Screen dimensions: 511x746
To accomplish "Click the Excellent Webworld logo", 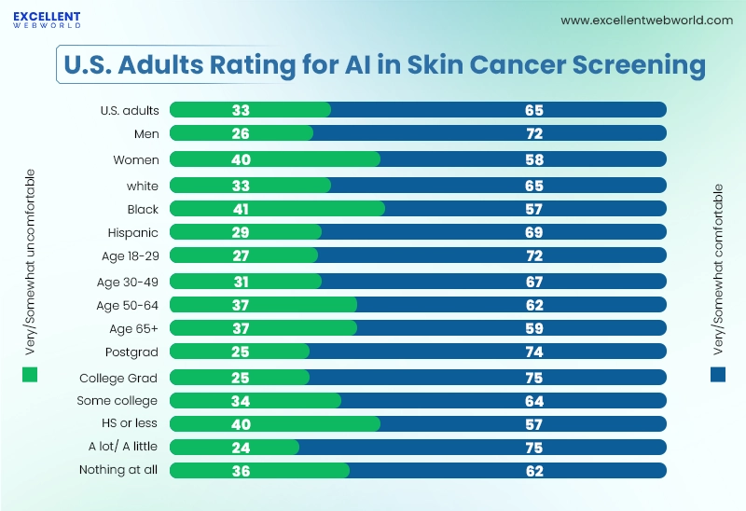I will pos(47,20).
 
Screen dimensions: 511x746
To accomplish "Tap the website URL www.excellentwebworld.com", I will pos(646,21).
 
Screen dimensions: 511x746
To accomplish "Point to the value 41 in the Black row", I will pos(241,209).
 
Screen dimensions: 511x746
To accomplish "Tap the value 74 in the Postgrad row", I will pos(534,352).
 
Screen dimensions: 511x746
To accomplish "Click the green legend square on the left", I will pos(30,375).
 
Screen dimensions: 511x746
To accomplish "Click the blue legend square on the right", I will pos(717,375).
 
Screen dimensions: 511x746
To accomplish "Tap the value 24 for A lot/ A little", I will pos(241,446).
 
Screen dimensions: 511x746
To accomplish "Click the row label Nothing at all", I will pos(118,469).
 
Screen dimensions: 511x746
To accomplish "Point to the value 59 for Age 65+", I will pos(534,327).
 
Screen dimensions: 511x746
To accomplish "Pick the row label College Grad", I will pos(118,378).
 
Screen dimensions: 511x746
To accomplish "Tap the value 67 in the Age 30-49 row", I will pos(534,281).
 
